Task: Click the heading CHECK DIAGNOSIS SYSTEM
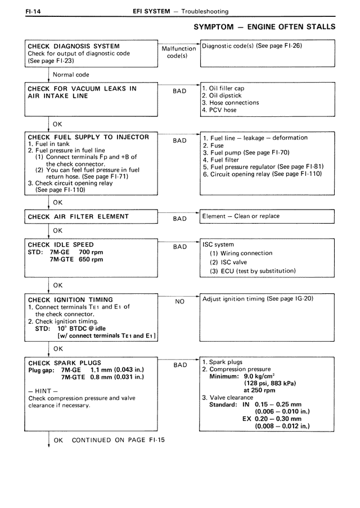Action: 74,46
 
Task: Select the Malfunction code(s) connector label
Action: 178,53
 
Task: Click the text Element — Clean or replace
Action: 241,216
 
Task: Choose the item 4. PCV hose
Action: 219,110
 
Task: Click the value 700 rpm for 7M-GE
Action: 88,252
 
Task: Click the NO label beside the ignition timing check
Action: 179,302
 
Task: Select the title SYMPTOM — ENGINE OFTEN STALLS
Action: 264,27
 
